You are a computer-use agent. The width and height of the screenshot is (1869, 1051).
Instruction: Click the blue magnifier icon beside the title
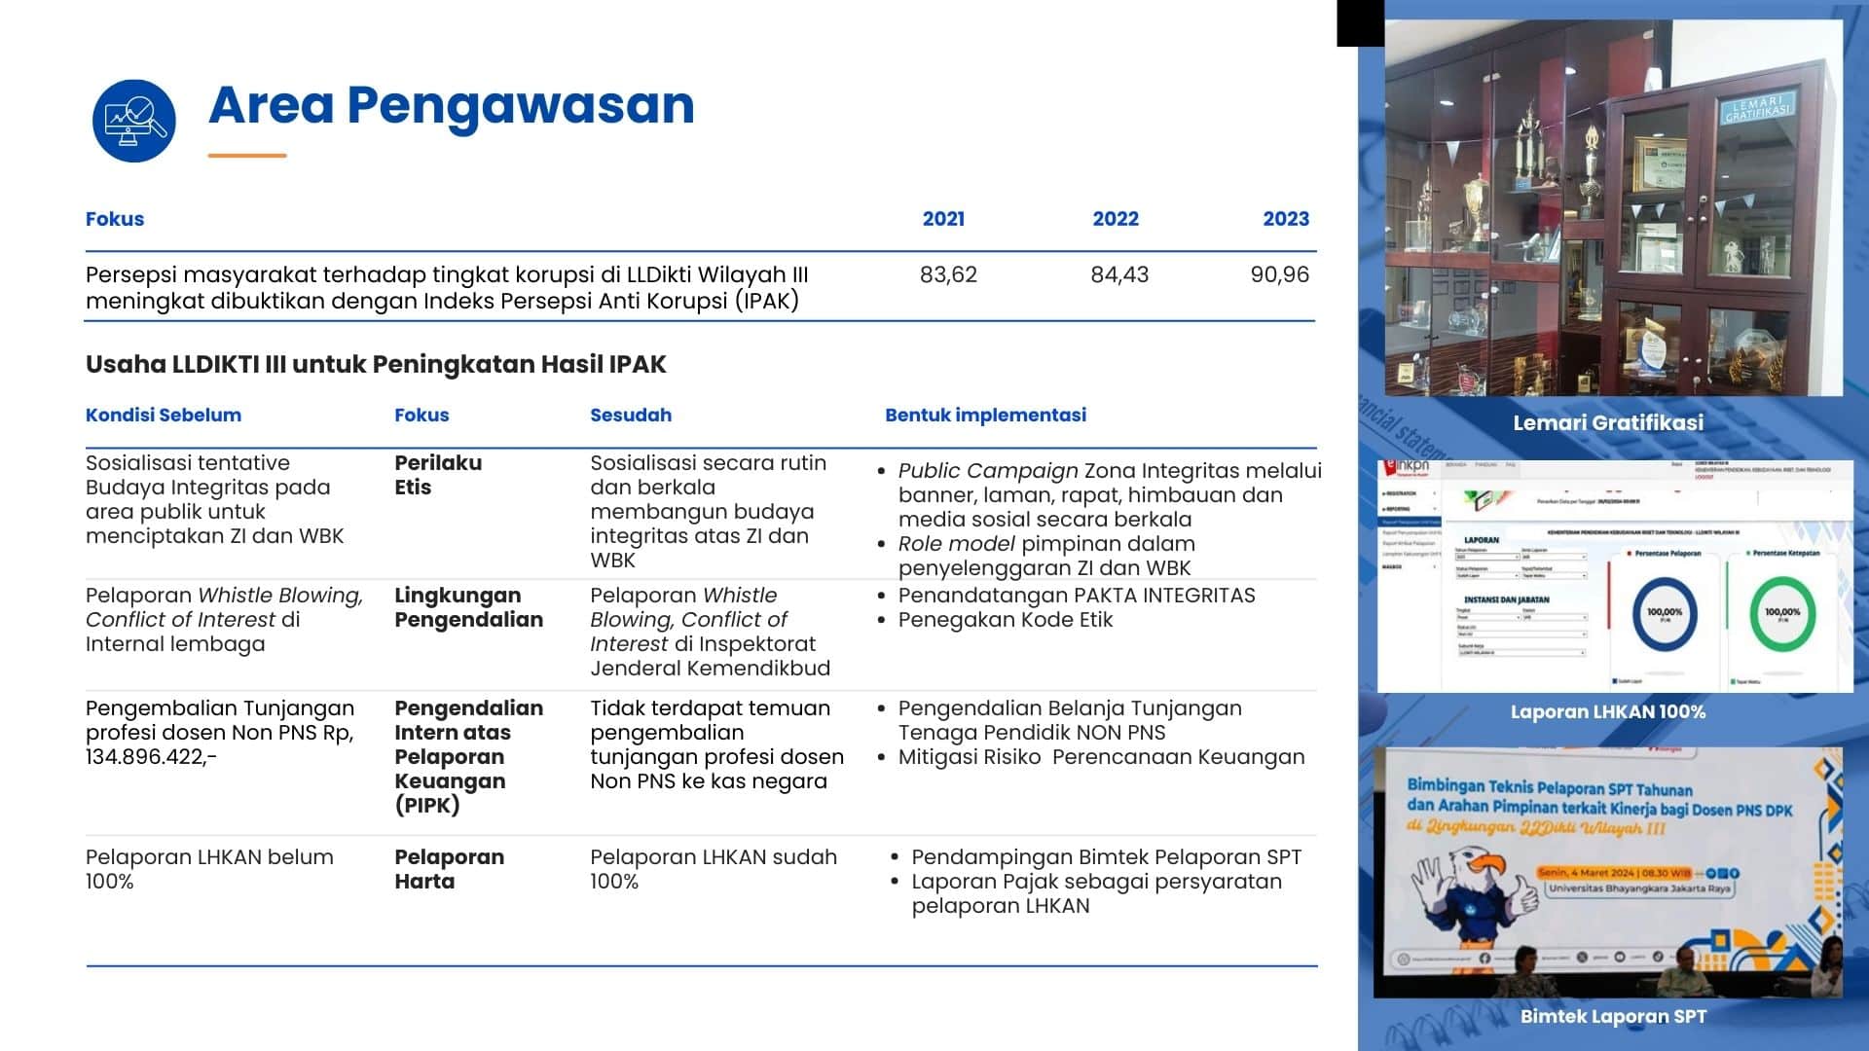point(134,121)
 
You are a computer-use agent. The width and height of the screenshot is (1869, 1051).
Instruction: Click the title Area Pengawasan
point(451,105)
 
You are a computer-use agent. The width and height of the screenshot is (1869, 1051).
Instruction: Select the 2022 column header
point(1115,219)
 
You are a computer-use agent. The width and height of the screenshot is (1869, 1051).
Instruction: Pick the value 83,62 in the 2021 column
point(948,274)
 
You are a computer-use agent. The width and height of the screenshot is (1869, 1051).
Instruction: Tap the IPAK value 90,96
point(1279,274)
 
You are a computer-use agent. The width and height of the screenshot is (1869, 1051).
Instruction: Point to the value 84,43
point(1119,274)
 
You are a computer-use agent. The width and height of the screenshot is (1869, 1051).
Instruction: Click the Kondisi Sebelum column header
point(164,415)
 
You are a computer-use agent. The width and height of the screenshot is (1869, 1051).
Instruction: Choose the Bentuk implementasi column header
point(985,415)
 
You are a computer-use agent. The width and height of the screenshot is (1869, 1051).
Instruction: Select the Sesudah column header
point(631,415)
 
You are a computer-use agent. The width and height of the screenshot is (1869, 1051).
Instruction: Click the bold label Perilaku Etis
point(438,475)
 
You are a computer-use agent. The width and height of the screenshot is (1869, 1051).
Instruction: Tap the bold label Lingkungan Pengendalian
point(468,607)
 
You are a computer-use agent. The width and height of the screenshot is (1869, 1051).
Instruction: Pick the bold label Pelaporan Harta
point(449,869)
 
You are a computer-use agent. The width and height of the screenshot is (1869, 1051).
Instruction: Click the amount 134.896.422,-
point(151,757)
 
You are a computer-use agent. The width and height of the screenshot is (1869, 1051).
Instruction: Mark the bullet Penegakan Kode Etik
point(1005,620)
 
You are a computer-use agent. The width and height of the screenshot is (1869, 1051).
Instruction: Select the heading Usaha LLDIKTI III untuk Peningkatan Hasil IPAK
point(376,365)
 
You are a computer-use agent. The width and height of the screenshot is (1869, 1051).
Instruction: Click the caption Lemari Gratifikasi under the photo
point(1608,422)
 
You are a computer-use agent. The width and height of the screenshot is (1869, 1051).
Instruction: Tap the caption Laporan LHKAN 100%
point(1608,711)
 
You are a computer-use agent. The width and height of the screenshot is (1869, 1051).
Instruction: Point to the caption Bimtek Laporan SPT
point(1613,1016)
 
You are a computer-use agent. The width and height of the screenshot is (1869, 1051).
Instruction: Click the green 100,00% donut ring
point(1782,613)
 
